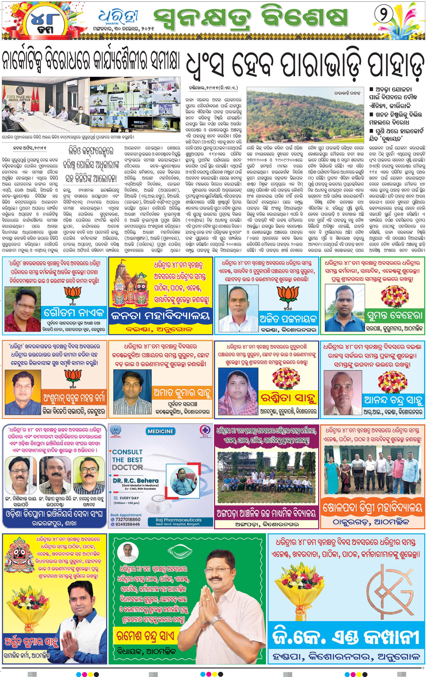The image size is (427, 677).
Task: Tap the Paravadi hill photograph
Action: click(305, 116)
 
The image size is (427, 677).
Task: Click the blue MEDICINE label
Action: click(160, 431)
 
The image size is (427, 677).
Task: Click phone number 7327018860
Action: click(127, 520)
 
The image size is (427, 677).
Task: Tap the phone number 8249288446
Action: click(127, 524)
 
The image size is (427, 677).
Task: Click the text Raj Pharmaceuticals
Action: click(178, 520)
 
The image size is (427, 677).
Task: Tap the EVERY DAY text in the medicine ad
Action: click(129, 498)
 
